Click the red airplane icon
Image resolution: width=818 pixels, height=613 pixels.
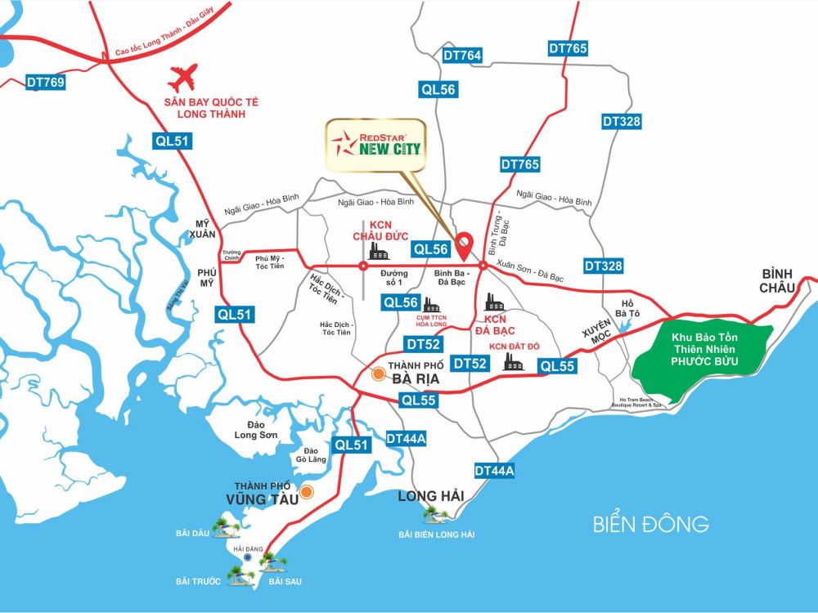pyautogui.click(x=183, y=78)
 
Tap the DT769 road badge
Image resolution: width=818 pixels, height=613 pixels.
pyautogui.click(x=45, y=82)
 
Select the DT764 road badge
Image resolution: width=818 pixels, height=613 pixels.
pyautogui.click(x=462, y=56)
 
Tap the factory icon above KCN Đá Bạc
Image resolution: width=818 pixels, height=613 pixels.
pyautogui.click(x=495, y=302)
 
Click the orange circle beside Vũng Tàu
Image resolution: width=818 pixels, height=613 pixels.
pyautogui.click(x=307, y=492)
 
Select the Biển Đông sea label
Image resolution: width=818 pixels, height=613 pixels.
pyautogui.click(x=651, y=524)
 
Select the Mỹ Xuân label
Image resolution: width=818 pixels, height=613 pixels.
pyautogui.click(x=202, y=228)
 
